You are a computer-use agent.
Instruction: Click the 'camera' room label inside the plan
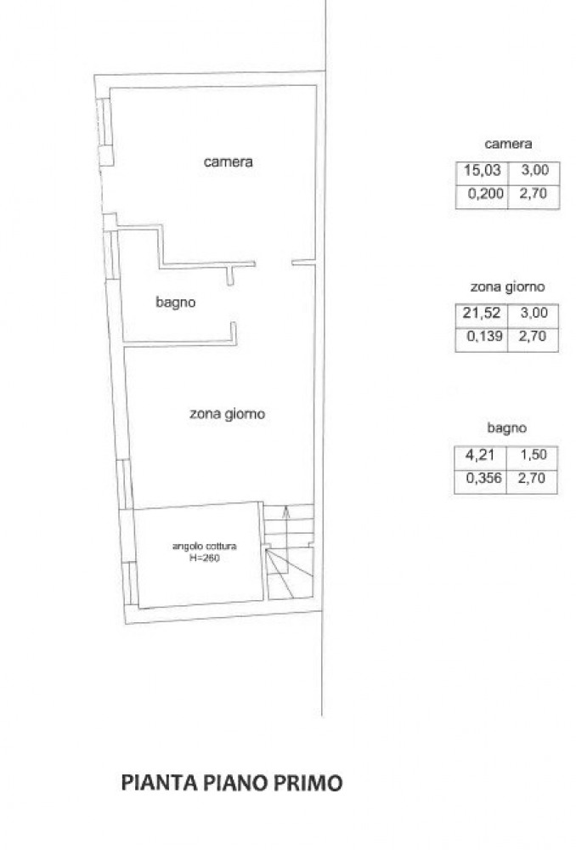pyautogui.click(x=229, y=161)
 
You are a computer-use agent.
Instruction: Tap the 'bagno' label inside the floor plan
pyautogui.click(x=176, y=302)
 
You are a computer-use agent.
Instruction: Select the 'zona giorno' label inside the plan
pyautogui.click(x=227, y=414)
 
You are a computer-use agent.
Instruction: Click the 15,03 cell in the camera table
pyautogui.click(x=483, y=170)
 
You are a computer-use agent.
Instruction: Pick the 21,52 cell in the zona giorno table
pyautogui.click(x=482, y=313)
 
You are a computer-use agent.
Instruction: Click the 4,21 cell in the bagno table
pyautogui.click(x=480, y=454)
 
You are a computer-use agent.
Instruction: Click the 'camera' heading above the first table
pyautogui.click(x=508, y=144)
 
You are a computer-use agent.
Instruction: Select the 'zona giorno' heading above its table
pyautogui.click(x=507, y=286)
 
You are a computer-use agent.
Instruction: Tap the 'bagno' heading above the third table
pyautogui.click(x=506, y=428)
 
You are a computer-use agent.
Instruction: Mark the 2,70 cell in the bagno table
pyautogui.click(x=533, y=478)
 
